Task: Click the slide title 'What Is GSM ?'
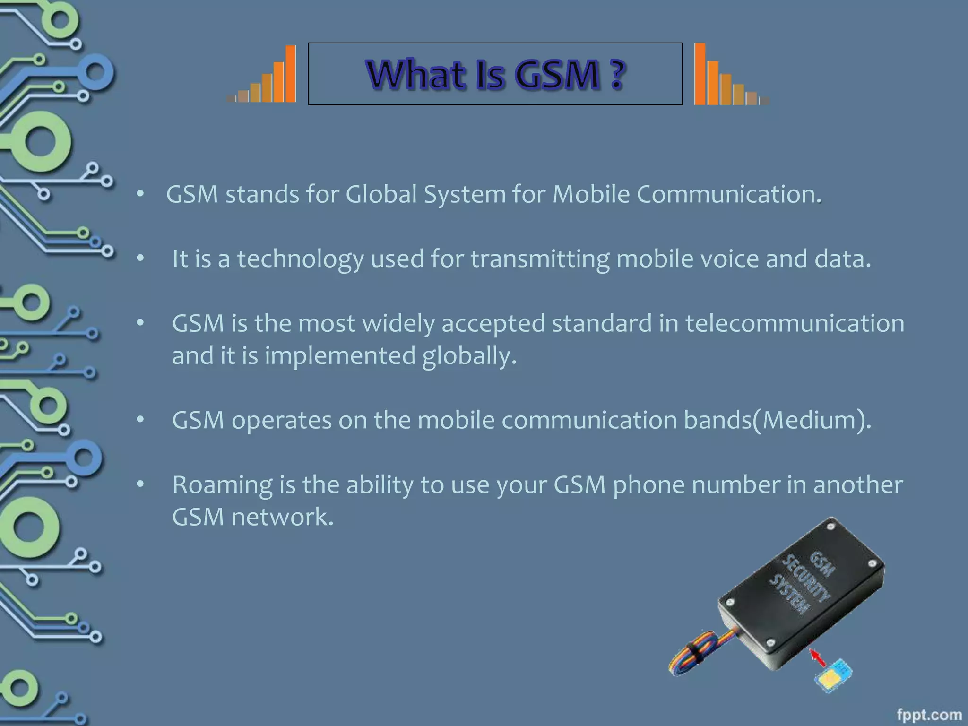495,75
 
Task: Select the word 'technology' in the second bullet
300,259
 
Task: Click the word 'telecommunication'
795,323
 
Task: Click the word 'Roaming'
223,484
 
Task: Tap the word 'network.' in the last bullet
282,517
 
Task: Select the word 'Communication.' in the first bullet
729,194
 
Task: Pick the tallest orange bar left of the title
291,73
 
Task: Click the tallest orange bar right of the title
700,73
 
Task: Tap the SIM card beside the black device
833,676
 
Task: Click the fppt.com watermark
929,715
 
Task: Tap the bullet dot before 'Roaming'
140,484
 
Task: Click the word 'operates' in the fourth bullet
281,420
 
